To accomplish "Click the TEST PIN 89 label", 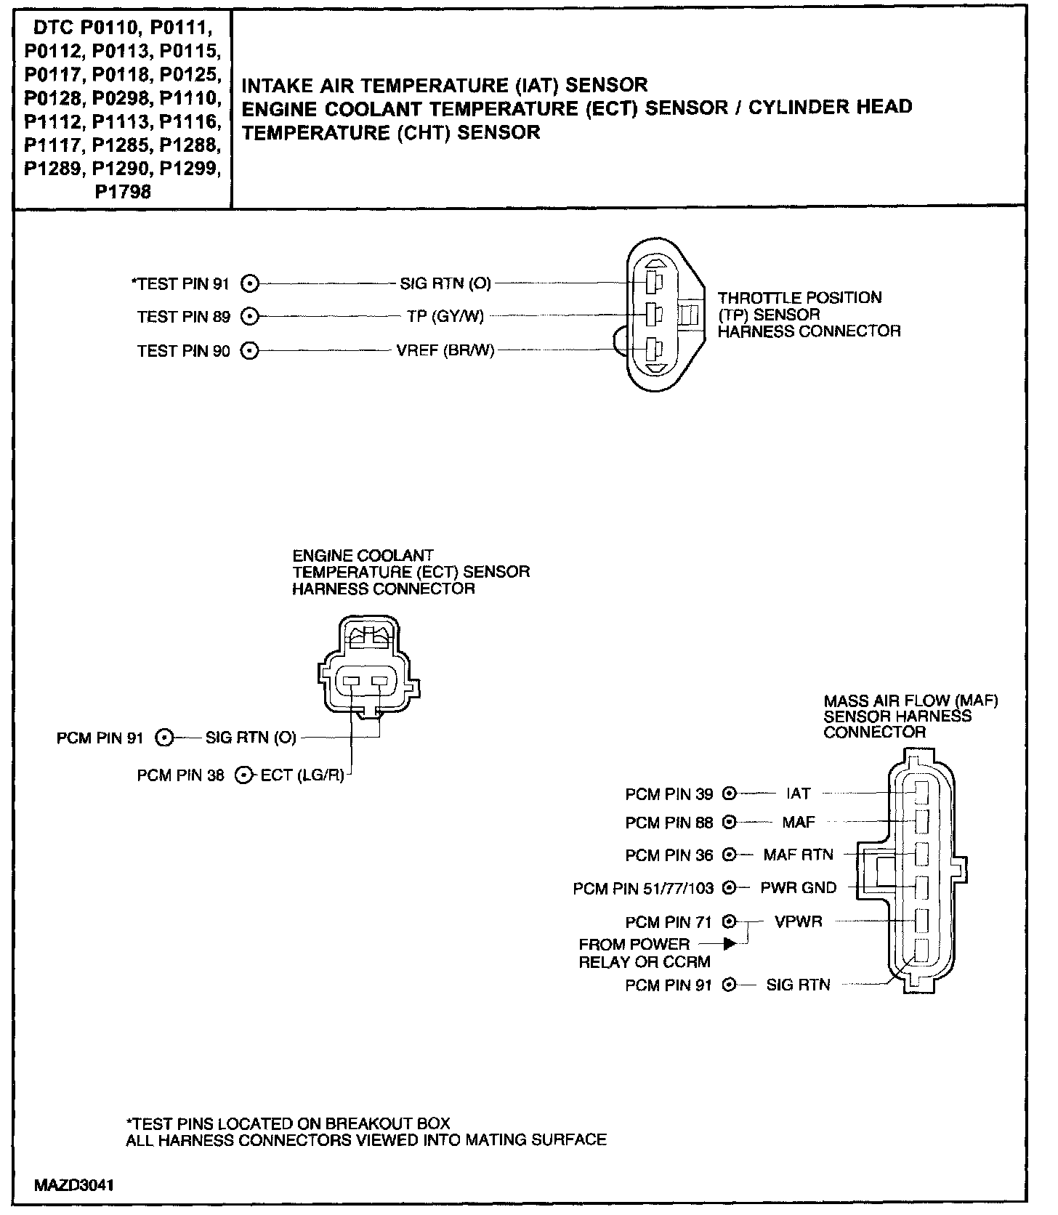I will [184, 317].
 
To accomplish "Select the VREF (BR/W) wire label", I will [445, 351].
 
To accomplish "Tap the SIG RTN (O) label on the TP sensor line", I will [445, 283].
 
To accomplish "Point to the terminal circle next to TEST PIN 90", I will [250, 351].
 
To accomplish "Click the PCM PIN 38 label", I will [180, 776].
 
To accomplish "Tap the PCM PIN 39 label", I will [669, 794].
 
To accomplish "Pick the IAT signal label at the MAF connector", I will [798, 794].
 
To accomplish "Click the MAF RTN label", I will [798, 855].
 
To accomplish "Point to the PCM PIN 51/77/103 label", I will [643, 888].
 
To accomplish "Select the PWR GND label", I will [798, 888].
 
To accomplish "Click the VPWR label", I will [798, 922].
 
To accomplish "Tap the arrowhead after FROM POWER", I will [730, 944].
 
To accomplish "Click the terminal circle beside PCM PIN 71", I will [730, 922].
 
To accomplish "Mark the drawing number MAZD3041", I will [74, 1185].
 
